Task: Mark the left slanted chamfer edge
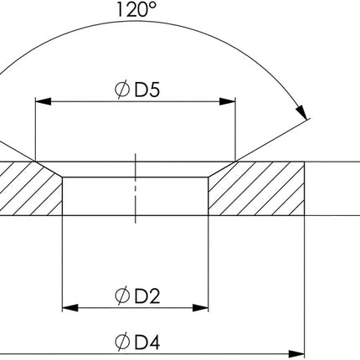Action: (x=49, y=168)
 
